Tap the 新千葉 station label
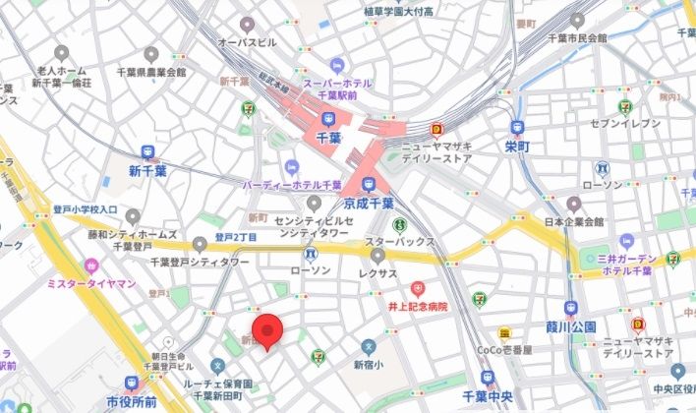(x=148, y=170)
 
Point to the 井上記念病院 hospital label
(x=418, y=306)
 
